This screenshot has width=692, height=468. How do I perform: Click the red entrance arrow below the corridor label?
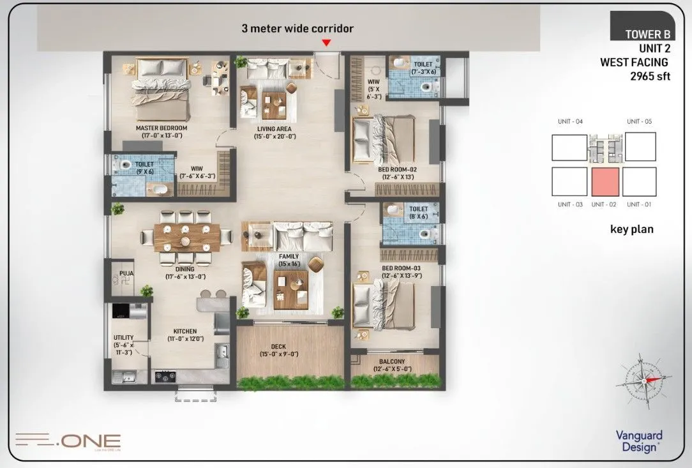coord(326,43)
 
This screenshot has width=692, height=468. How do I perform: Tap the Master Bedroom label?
coord(161,128)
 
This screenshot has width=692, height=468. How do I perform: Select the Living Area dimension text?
coord(274,136)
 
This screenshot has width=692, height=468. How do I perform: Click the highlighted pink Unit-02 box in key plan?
coord(605,182)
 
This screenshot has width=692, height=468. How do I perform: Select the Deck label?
coord(279,347)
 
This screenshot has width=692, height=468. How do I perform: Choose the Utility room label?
coord(124,337)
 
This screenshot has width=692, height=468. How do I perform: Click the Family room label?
coord(288,257)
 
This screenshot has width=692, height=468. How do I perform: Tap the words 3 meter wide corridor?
coord(297,28)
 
